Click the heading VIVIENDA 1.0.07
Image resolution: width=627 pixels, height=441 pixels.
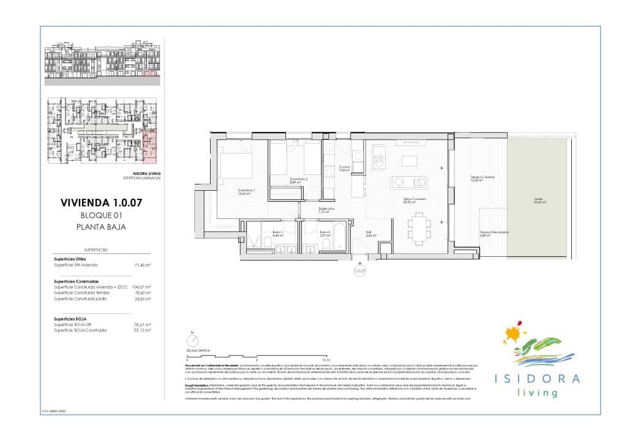coord(102,202)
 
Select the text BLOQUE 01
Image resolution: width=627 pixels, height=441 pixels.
coord(102,215)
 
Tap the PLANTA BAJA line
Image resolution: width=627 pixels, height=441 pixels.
coord(102,226)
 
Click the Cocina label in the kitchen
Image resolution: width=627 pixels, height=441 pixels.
coord(344,168)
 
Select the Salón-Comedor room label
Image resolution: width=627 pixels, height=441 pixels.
coord(414,200)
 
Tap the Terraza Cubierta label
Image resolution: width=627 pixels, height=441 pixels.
coord(482,178)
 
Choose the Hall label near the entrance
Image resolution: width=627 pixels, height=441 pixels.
coord(370,233)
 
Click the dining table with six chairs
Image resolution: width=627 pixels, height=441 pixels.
coord(419,226)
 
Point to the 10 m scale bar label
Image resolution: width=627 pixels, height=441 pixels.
coord(326,360)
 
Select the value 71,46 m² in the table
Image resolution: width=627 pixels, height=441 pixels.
coord(143,265)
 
